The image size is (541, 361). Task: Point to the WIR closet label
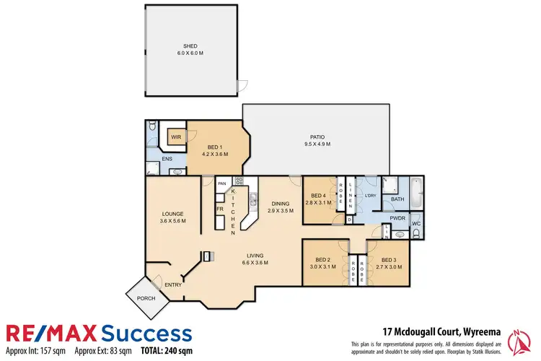point(176,136)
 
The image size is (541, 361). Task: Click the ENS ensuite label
point(167,158)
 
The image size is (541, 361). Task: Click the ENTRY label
point(172,284)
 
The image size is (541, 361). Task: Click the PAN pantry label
point(221,184)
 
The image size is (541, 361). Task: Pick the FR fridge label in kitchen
point(219,209)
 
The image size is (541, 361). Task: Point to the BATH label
point(397,199)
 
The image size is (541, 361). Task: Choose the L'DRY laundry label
point(371,196)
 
